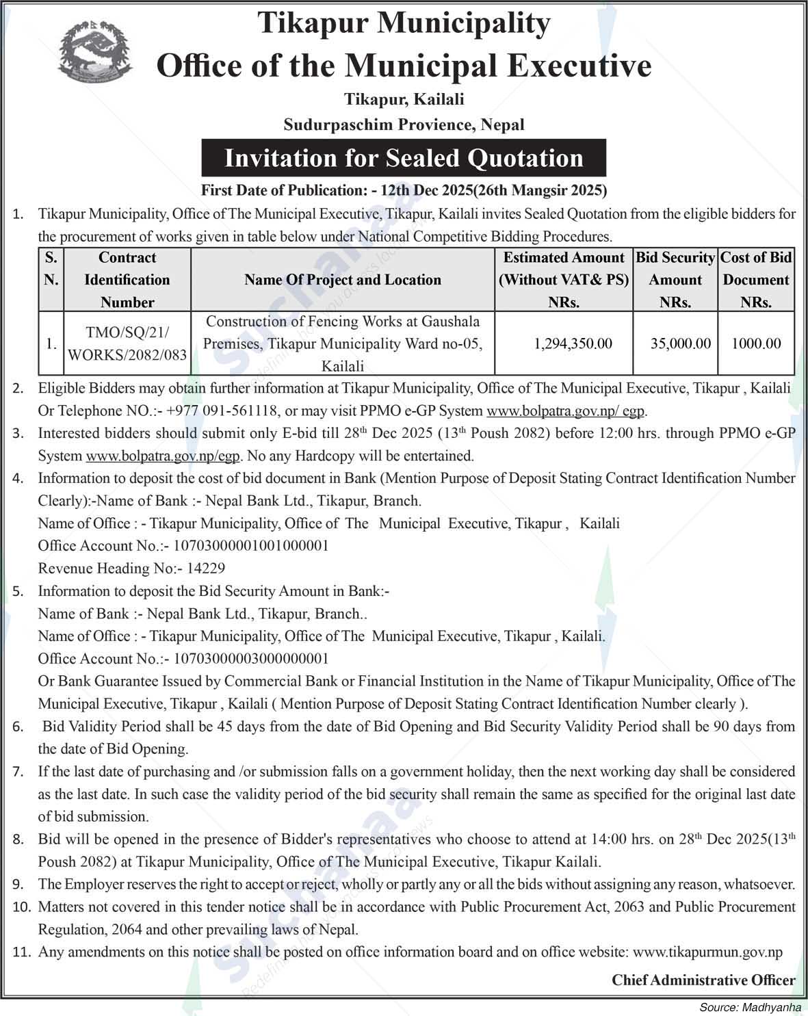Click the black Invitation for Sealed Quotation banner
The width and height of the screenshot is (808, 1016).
(404, 158)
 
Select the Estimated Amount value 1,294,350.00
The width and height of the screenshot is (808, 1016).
(573, 343)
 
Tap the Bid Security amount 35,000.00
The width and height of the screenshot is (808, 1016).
(680, 343)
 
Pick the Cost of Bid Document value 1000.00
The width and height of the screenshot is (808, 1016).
(756, 343)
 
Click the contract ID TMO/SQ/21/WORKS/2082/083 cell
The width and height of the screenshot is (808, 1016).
(127, 343)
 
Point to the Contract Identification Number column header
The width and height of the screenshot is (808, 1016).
(127, 280)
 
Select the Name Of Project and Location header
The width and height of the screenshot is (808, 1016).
(342, 280)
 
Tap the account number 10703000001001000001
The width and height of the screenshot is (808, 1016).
(251, 545)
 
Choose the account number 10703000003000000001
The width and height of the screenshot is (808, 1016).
(251, 658)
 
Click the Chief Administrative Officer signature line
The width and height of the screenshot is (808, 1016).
(703, 980)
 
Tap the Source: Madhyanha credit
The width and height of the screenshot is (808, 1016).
(750, 1007)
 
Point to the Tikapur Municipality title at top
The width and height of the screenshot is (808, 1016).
(404, 24)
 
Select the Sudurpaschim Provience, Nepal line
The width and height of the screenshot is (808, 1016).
(404, 125)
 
